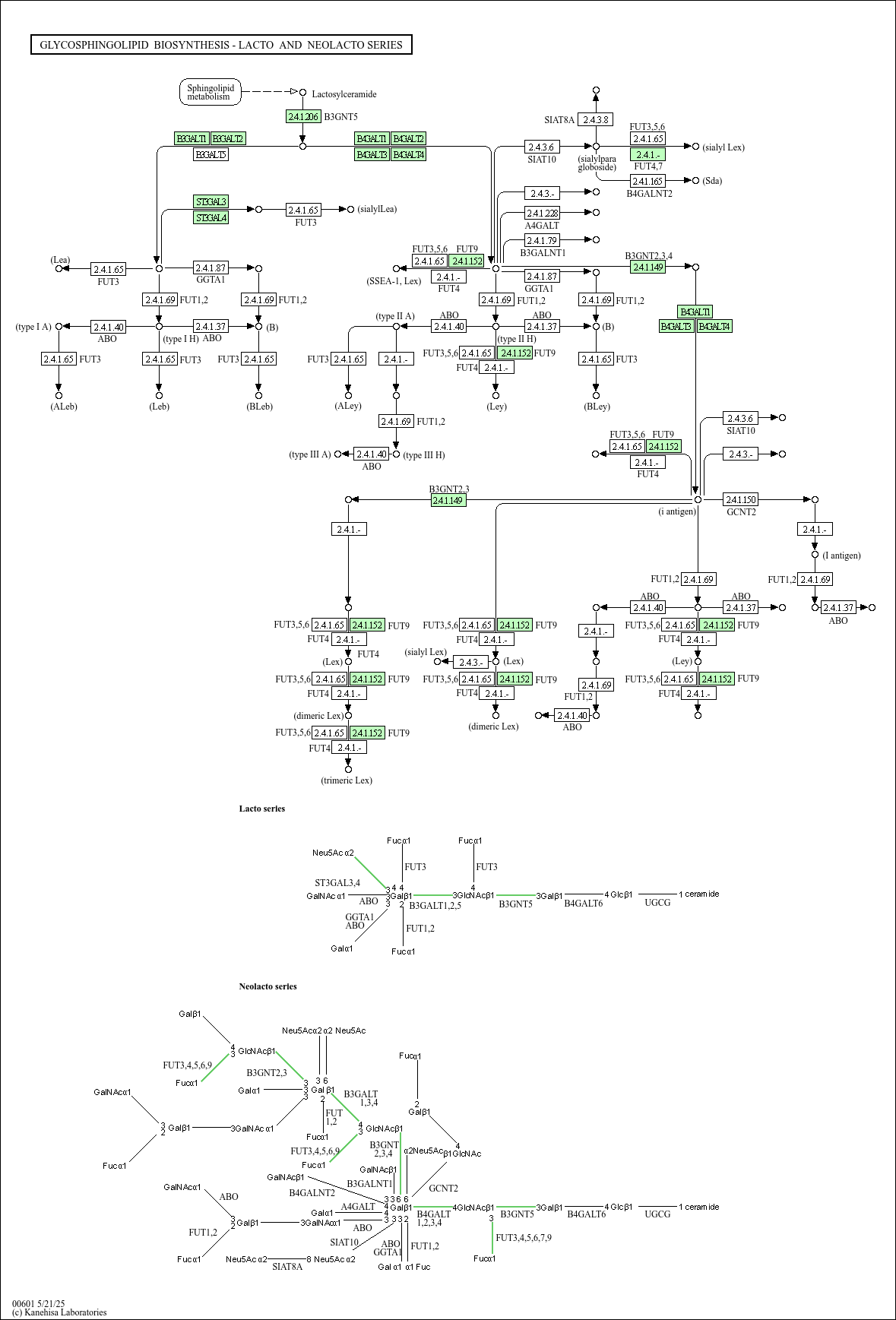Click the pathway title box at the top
(221, 45)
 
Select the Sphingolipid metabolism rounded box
(211, 92)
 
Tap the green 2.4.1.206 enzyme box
(302, 116)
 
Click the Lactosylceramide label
(344, 94)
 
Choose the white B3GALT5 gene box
(211, 154)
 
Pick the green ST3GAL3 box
(211, 201)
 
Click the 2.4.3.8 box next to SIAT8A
(595, 119)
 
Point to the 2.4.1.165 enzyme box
(647, 181)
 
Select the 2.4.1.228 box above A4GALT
(542, 213)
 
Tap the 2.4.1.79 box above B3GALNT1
(542, 240)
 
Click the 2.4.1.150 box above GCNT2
(740, 499)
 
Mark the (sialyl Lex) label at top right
(723, 147)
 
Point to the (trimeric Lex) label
(347, 780)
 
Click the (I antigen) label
(841, 556)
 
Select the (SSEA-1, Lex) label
(394, 281)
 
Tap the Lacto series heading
(262, 809)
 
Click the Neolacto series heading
(268, 986)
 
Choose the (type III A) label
(310, 454)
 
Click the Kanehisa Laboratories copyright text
(59, 1312)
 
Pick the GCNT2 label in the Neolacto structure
(443, 1188)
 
